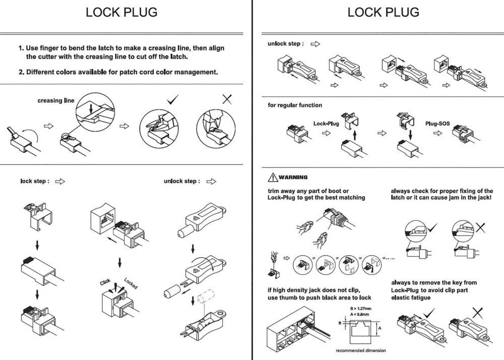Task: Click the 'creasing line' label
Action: click(55, 100)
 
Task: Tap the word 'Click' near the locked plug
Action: click(105, 282)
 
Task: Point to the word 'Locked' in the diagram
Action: click(131, 283)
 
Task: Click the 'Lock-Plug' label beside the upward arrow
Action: click(326, 124)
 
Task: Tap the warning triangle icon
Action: click(272, 177)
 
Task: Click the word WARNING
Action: click(293, 177)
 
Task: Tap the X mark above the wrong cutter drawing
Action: click(227, 99)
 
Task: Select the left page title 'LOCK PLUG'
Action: click(121, 13)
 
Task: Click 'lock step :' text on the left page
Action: click(35, 181)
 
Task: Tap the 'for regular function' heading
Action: click(295, 105)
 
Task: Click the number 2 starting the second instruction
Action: click(21, 72)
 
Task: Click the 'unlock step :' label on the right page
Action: click(285, 44)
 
